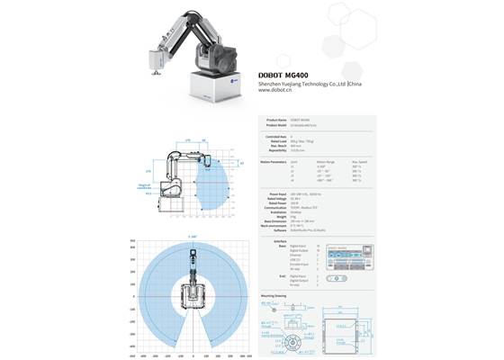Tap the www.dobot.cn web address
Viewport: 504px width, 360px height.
[278, 90]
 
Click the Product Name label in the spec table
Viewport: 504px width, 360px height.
[275, 119]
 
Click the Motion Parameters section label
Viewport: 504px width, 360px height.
[272, 162]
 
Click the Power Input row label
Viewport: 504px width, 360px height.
[277, 193]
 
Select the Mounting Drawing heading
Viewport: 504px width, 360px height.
[274, 294]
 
